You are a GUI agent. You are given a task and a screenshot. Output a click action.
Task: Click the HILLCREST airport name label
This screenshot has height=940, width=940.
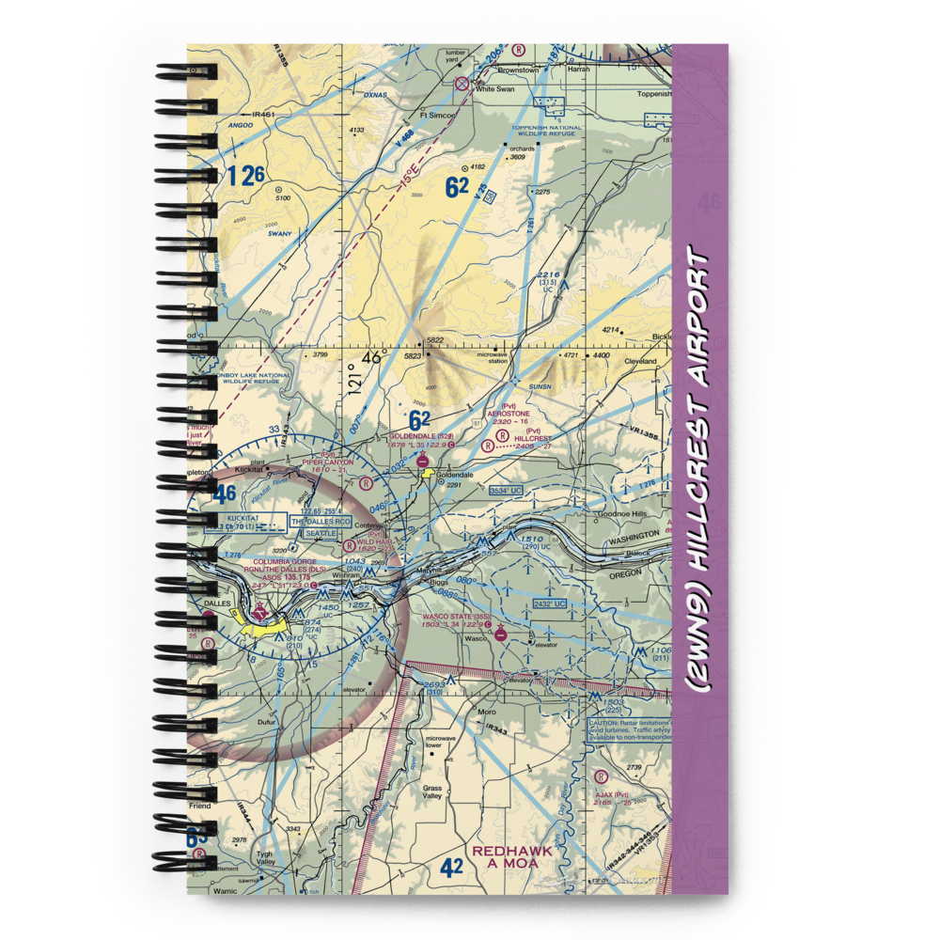(x=534, y=438)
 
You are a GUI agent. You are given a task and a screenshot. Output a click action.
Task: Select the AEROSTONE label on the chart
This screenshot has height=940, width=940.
(x=509, y=414)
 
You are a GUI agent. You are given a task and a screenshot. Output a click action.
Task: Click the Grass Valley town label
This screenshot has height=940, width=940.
(x=432, y=791)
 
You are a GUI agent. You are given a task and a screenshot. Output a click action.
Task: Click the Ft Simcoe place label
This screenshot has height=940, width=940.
(x=437, y=114)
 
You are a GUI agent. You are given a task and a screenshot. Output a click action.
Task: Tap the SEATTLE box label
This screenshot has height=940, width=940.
(x=315, y=534)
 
